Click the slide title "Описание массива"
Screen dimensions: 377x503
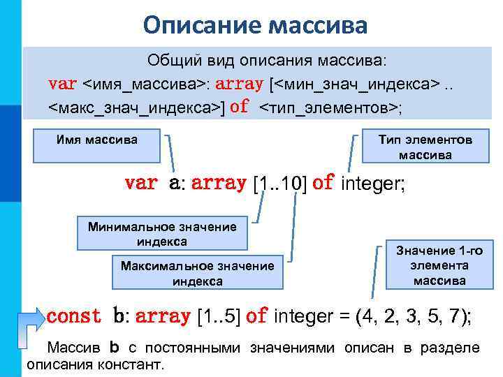click(x=255, y=26)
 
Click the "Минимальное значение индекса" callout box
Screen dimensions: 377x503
click(x=161, y=233)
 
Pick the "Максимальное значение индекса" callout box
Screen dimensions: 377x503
click(x=197, y=273)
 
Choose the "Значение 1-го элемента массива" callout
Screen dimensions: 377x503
click(x=439, y=265)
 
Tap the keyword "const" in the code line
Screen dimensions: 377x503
click(x=73, y=316)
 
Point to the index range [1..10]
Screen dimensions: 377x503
click(x=279, y=184)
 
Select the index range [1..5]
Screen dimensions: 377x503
click(x=220, y=316)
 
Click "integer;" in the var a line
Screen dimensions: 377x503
click(x=373, y=184)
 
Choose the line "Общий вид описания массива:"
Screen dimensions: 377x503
click(x=270, y=61)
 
